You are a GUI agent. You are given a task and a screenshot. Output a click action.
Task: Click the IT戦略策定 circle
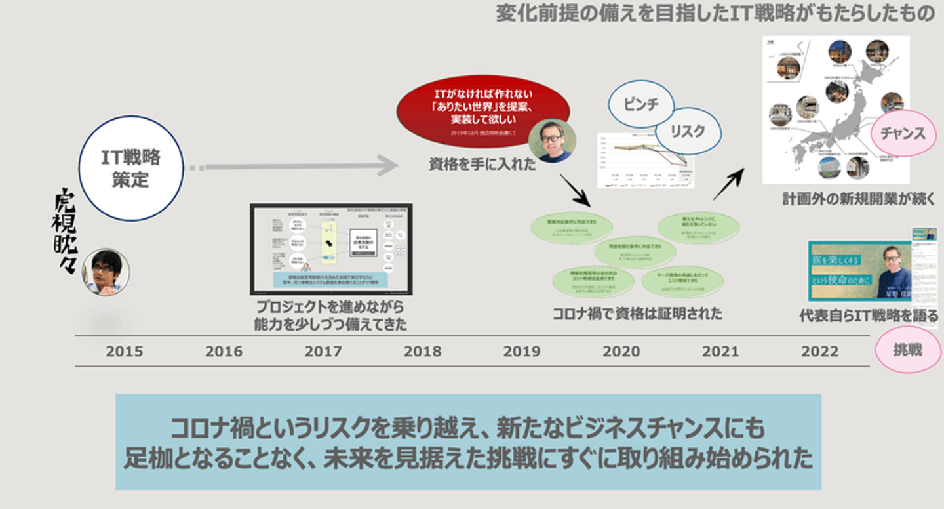pyautogui.click(x=130, y=168)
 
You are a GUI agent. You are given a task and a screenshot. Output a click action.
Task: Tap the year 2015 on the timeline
pyautogui.click(x=124, y=352)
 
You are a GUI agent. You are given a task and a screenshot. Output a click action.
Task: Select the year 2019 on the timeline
pyautogui.click(x=521, y=352)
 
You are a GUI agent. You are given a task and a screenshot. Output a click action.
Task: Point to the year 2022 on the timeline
pyautogui.click(x=819, y=352)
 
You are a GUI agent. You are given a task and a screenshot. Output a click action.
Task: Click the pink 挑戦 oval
pyautogui.click(x=908, y=350)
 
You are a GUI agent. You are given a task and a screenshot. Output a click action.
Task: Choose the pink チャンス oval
pyautogui.click(x=903, y=133)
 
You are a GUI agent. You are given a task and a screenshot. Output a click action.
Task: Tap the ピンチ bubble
pyautogui.click(x=641, y=104)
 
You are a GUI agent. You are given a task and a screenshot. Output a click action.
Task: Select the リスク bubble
pyautogui.click(x=687, y=131)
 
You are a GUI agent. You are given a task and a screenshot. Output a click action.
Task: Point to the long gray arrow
pyautogui.click(x=295, y=167)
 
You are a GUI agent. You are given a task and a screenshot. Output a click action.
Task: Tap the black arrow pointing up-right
pyautogui.click(x=729, y=184)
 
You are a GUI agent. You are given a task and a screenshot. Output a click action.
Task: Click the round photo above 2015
pyautogui.click(x=105, y=272)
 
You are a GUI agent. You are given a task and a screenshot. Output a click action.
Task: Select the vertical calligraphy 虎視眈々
pyautogui.click(x=65, y=230)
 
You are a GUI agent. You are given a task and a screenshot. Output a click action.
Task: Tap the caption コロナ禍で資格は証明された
pyautogui.click(x=637, y=314)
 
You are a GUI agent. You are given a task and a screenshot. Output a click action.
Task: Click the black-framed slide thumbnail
pyautogui.click(x=331, y=249)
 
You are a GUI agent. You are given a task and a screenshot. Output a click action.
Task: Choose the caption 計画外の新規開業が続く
pyautogui.click(x=859, y=199)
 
